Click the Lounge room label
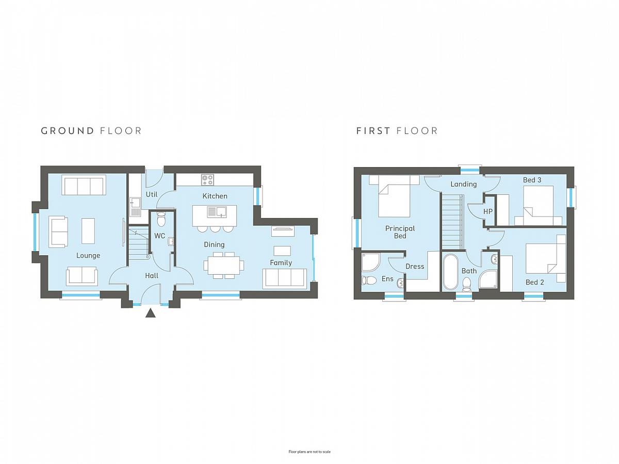(x=88, y=256)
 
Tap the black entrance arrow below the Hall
(x=150, y=313)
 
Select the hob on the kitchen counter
(x=207, y=180)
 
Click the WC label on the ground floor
(x=159, y=236)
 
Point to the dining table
(x=224, y=266)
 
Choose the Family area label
(x=281, y=263)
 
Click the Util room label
(x=152, y=194)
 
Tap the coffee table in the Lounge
(x=88, y=231)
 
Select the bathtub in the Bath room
(x=450, y=272)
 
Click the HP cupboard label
(x=488, y=211)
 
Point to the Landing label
(x=464, y=184)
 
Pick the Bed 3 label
(x=532, y=180)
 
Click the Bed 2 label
(x=535, y=283)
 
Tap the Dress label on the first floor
(x=415, y=267)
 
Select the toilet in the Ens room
(x=369, y=280)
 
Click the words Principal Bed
(x=400, y=232)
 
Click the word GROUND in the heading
(x=68, y=131)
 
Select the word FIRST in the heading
(x=373, y=131)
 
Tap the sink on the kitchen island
(x=217, y=212)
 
